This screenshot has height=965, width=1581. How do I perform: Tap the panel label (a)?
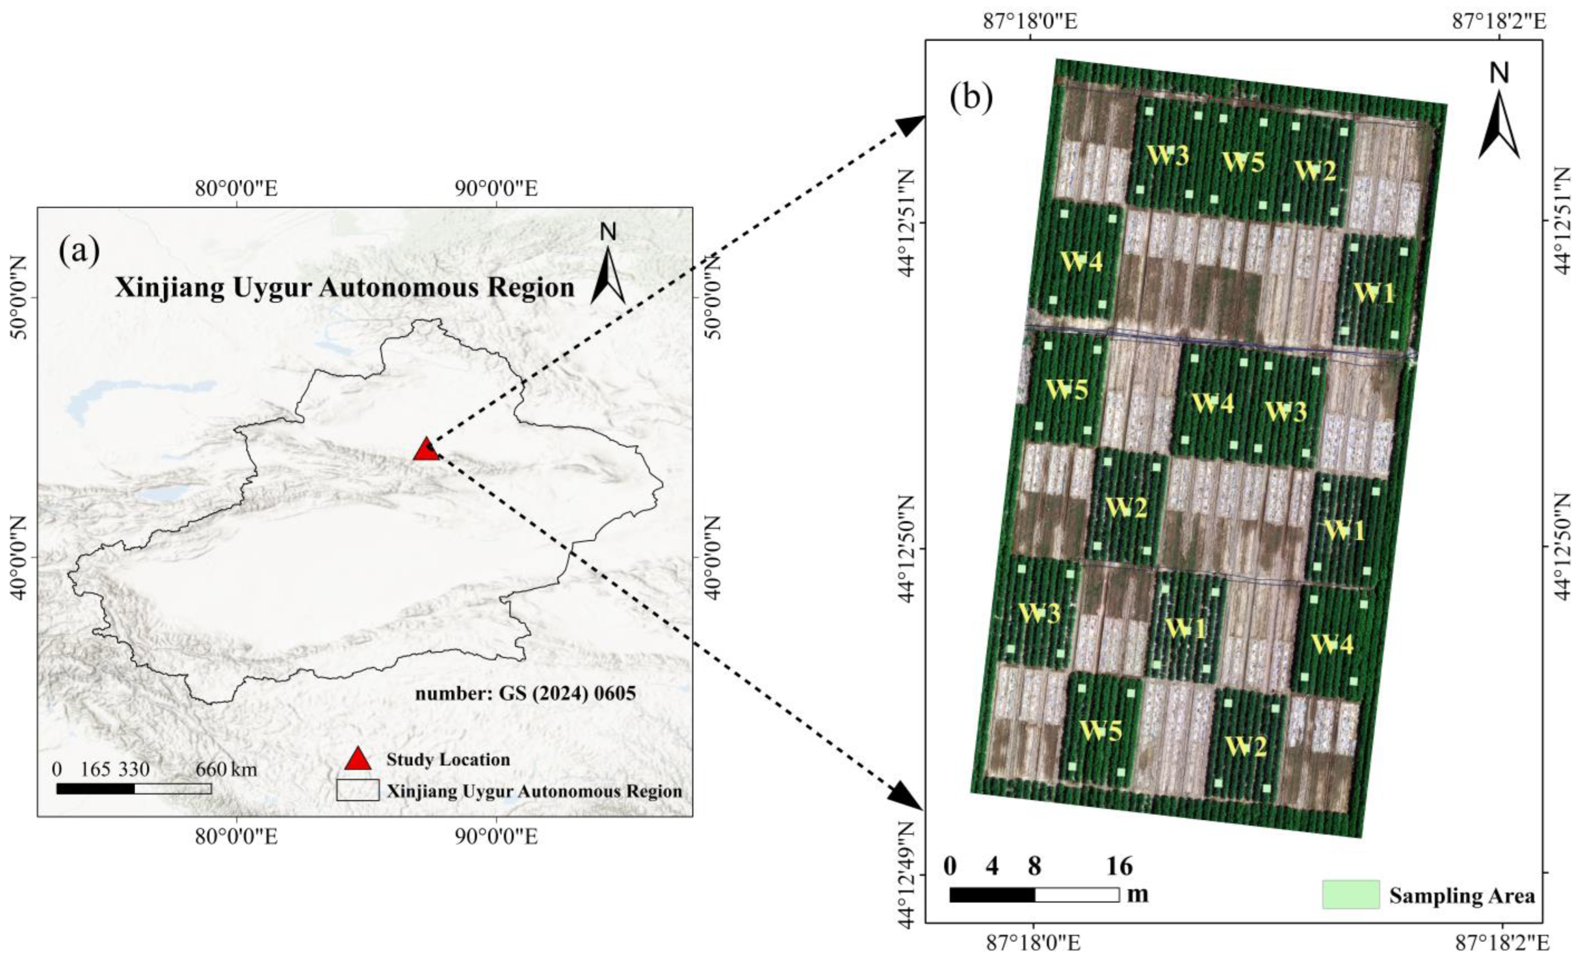(x=79, y=250)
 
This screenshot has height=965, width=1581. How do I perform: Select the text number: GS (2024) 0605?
(x=525, y=693)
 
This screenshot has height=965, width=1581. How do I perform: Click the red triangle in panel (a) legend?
(x=358, y=759)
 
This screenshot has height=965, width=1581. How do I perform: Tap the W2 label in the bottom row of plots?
(x=1245, y=747)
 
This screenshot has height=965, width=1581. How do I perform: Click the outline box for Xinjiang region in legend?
(x=357, y=790)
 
